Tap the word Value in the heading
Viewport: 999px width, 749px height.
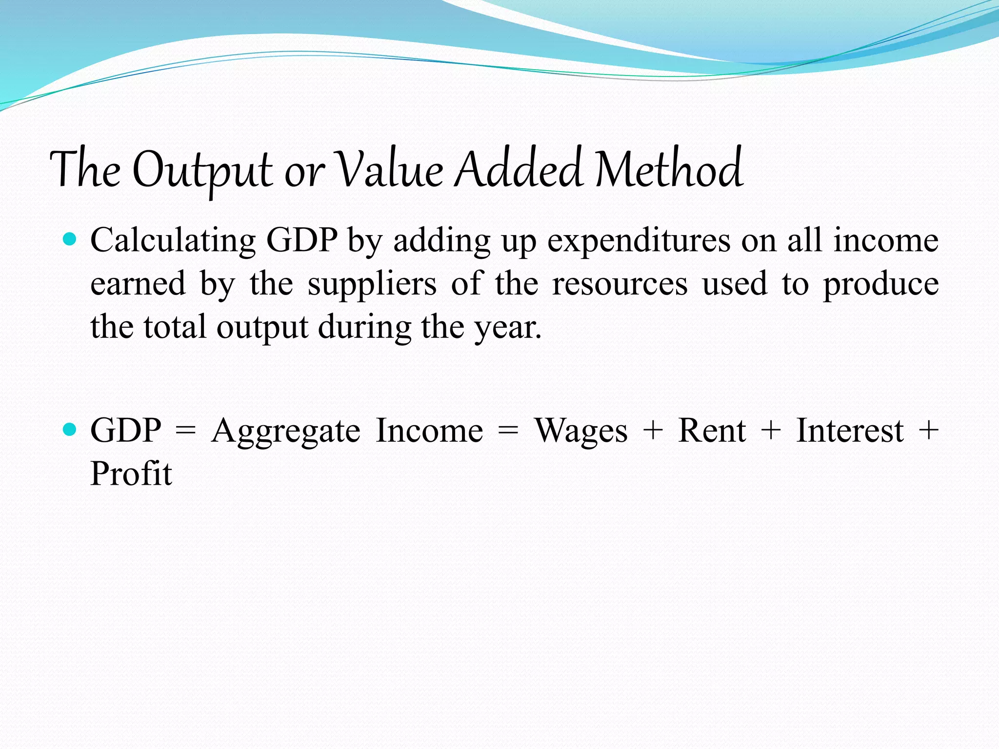(391, 169)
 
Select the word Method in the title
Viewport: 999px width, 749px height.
(669, 169)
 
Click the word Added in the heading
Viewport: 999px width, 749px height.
(518, 169)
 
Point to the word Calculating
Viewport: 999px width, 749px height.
(173, 241)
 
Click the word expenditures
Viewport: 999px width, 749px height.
(639, 241)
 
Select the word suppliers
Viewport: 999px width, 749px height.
(372, 284)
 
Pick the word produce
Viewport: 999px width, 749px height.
(881, 284)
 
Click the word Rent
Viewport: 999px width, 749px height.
(712, 431)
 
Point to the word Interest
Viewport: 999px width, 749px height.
(850, 431)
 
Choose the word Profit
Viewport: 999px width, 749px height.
(131, 473)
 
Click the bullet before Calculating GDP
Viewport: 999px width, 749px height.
(70, 239)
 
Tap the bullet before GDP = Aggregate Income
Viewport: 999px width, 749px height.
(70, 430)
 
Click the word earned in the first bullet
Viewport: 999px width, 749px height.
(138, 283)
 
